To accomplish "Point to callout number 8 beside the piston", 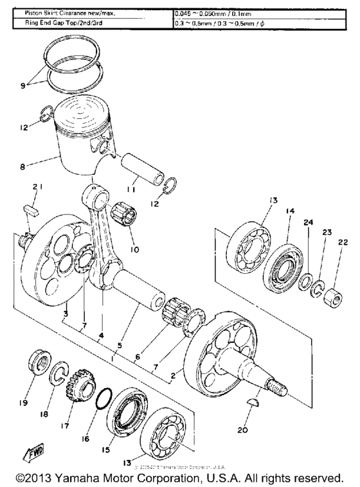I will click(24, 165).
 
